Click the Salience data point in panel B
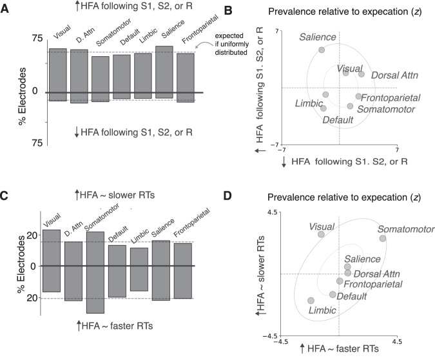322,50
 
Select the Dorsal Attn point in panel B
362,74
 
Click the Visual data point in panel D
322,234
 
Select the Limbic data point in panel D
311,301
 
